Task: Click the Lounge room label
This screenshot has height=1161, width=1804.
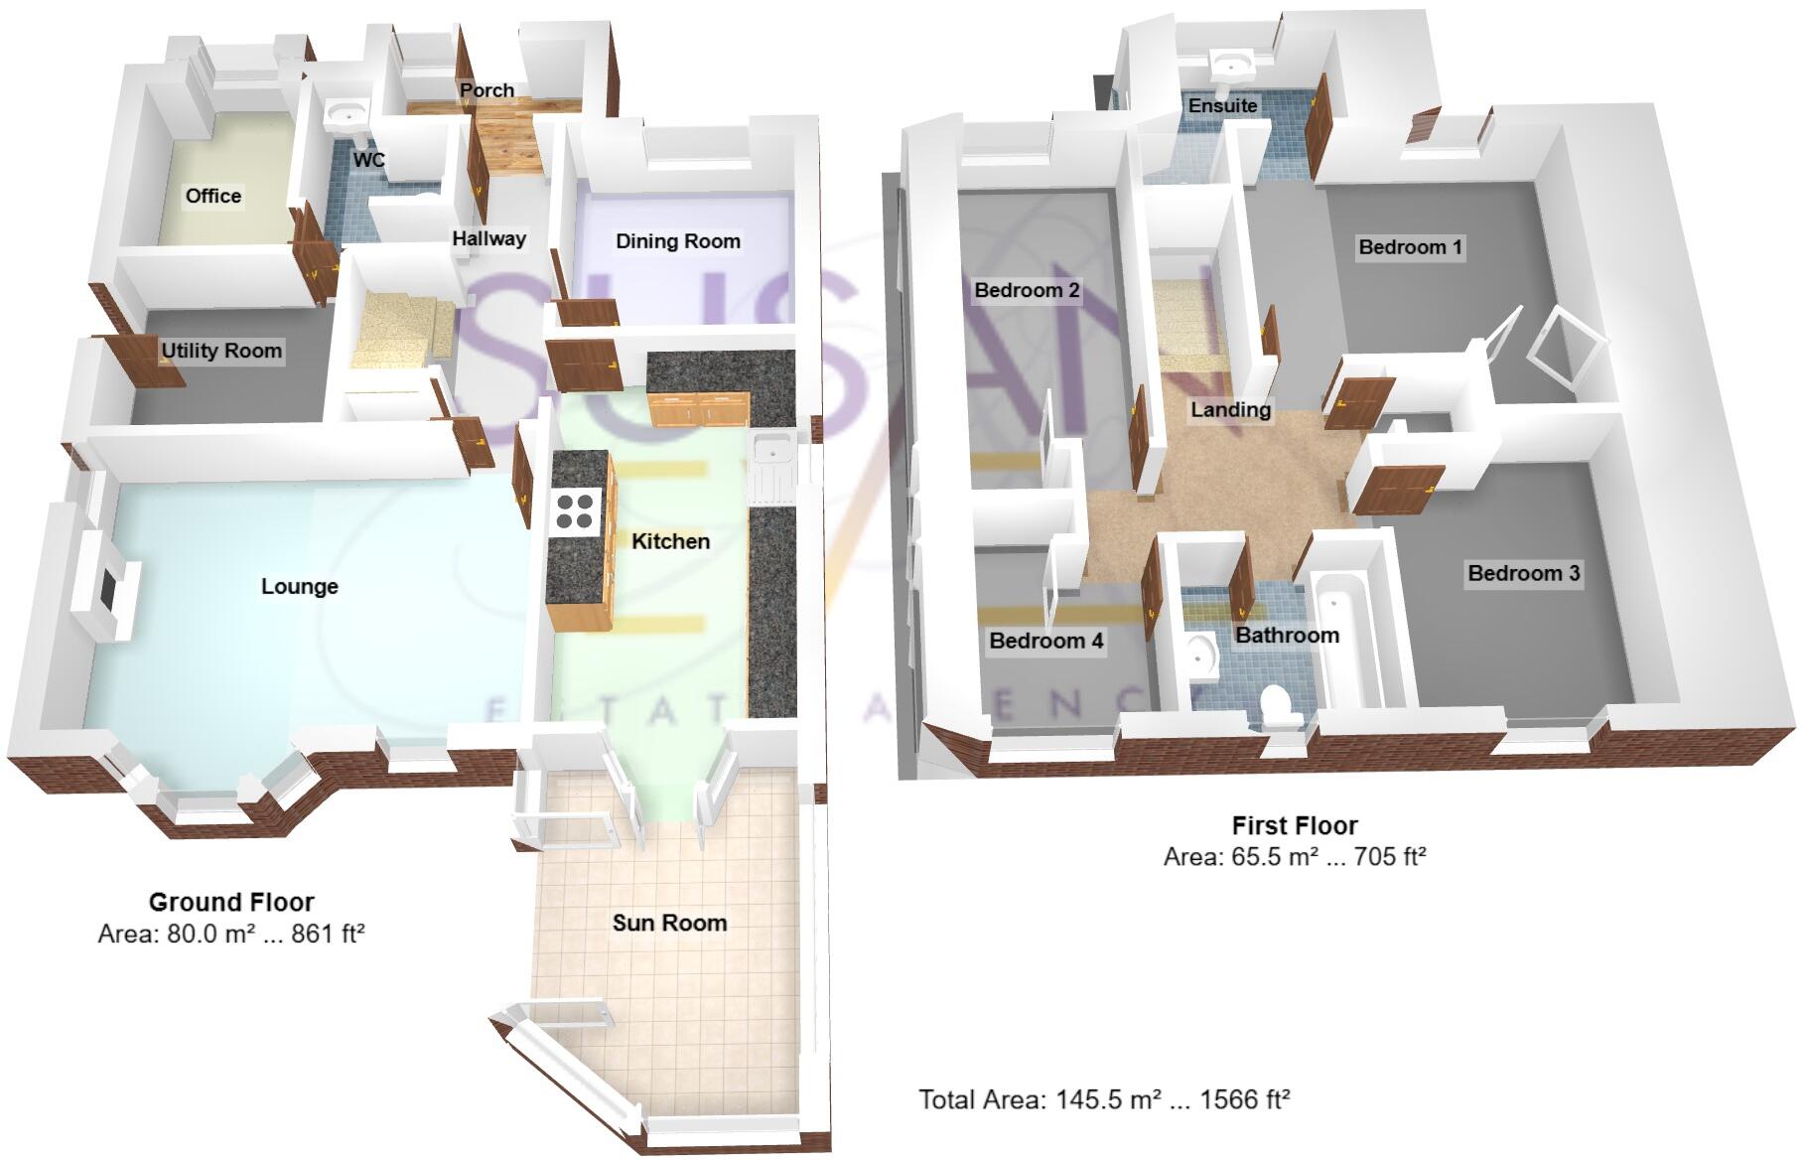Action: (x=299, y=586)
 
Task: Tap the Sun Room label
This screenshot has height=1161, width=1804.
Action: (x=669, y=923)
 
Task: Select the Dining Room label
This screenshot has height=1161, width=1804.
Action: (x=678, y=241)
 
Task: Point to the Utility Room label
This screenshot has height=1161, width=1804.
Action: (x=221, y=351)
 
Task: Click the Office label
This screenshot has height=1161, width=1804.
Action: (x=213, y=196)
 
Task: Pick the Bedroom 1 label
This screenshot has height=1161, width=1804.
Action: (x=1410, y=247)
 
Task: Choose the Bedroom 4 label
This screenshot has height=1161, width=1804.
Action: (x=1045, y=641)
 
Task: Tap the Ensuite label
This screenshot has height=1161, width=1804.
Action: (x=1222, y=105)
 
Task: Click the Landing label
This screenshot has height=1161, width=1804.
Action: (x=1230, y=409)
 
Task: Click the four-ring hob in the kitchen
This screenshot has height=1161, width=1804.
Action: (x=577, y=510)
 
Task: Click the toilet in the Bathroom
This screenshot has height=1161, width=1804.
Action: (x=1279, y=706)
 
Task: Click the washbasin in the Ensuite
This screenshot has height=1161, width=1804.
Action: (x=1231, y=66)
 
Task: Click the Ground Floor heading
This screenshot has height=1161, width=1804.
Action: (x=231, y=902)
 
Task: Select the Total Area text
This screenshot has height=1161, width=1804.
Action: (x=1103, y=1099)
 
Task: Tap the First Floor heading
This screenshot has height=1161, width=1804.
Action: (x=1294, y=825)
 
